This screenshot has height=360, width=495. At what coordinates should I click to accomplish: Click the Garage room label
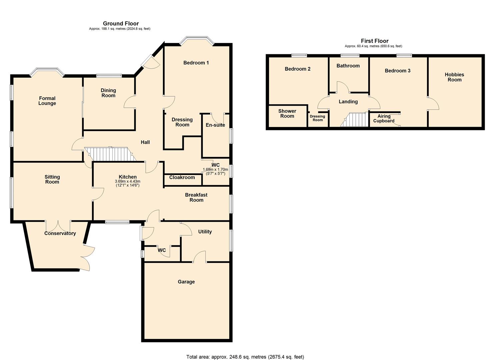pyautogui.click(x=186, y=282)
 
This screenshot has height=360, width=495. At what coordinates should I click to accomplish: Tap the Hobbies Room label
pyautogui.click(x=454, y=77)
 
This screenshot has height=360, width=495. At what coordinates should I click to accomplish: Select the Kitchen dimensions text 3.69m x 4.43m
pyautogui.click(x=128, y=181)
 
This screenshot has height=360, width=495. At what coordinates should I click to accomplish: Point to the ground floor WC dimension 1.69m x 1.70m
pyautogui.click(x=215, y=170)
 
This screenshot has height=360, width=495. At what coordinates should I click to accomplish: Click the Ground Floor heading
pyautogui.click(x=121, y=23)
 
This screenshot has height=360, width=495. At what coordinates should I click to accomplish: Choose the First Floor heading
pyautogui.click(x=375, y=41)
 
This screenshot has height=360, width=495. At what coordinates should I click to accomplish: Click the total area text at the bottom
pyautogui.click(x=245, y=357)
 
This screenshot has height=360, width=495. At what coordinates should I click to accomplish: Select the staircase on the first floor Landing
pyautogui.click(x=355, y=120)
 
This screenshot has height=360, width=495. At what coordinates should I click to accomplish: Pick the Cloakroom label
pyautogui.click(x=182, y=177)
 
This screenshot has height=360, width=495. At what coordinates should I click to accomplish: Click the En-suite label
pyautogui.click(x=215, y=125)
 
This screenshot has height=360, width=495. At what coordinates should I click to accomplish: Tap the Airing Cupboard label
pyautogui.click(x=384, y=118)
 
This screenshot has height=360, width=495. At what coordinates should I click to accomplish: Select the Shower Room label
pyautogui.click(x=287, y=113)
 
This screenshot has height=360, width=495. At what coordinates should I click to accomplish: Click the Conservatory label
pyautogui.click(x=60, y=233)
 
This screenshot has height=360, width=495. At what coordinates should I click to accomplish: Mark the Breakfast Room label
pyautogui.click(x=196, y=197)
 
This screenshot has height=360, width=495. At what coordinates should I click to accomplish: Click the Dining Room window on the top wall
pyautogui.click(x=109, y=76)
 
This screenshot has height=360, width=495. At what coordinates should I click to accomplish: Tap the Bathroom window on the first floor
pyautogui.click(x=350, y=55)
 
